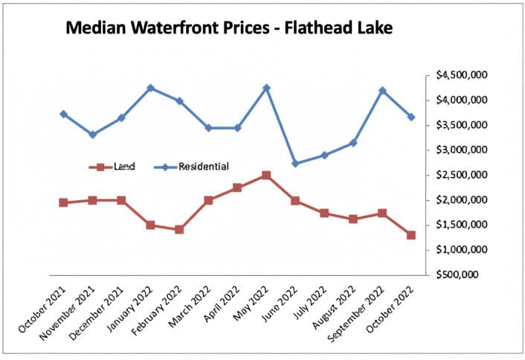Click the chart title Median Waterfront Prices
229,29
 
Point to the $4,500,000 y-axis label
462,75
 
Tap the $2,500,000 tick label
462,175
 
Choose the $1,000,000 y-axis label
462,250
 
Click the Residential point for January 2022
150,88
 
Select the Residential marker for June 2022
295,164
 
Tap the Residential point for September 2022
382,91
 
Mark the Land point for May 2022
266,175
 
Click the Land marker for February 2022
179,230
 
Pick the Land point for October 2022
411,235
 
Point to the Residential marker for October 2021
63,114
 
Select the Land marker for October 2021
63,202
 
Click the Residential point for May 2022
266,88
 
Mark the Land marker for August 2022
353,219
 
